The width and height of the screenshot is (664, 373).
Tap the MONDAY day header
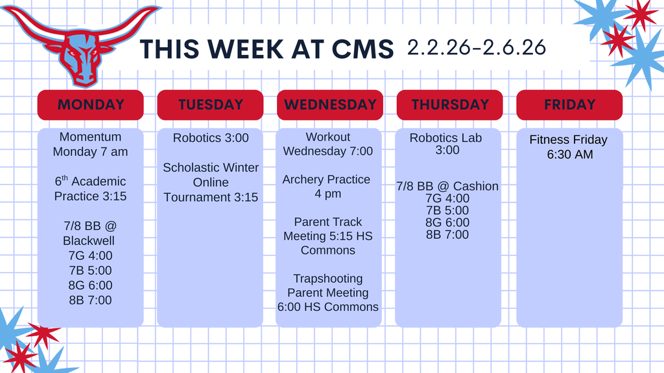point(90,105)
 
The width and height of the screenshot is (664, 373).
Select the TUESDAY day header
point(210,105)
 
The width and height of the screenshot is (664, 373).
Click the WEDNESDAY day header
point(330,105)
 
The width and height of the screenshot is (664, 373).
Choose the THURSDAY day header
point(449,105)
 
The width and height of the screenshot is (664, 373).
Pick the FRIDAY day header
point(569,105)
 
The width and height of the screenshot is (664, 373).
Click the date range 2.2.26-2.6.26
point(477,47)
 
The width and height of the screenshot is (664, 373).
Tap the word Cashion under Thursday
point(476,186)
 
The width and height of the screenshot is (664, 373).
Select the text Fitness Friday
point(568,140)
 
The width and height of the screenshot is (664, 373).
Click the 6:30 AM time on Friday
point(569,154)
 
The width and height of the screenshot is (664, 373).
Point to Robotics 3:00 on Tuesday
point(210,138)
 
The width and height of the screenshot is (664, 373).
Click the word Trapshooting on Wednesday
point(328,279)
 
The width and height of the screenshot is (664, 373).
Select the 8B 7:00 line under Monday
point(90,300)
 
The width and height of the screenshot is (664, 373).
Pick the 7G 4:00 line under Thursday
point(447,198)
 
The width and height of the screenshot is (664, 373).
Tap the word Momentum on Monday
point(90,137)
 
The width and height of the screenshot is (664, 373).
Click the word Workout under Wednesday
point(328,137)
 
